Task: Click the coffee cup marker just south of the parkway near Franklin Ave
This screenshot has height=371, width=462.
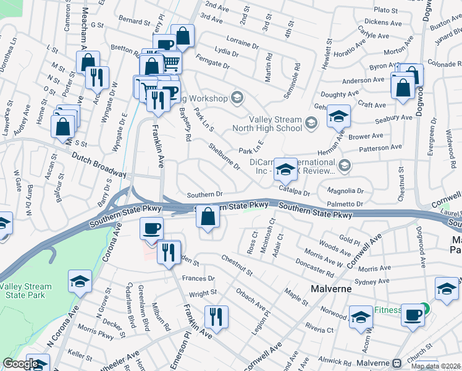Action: tap(151, 229)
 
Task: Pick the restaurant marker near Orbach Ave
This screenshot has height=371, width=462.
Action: tap(216, 318)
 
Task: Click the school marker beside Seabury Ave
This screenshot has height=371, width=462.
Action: tap(338, 116)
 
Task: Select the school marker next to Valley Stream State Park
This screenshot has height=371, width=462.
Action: tap(80, 283)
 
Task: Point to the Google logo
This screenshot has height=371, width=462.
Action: tap(20, 364)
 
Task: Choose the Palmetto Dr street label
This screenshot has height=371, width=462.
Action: tap(345, 204)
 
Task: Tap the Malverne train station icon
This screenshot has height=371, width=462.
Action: tap(397, 363)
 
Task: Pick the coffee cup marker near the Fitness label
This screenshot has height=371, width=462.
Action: tap(413, 314)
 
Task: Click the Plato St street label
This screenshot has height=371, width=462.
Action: tap(386, 11)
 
